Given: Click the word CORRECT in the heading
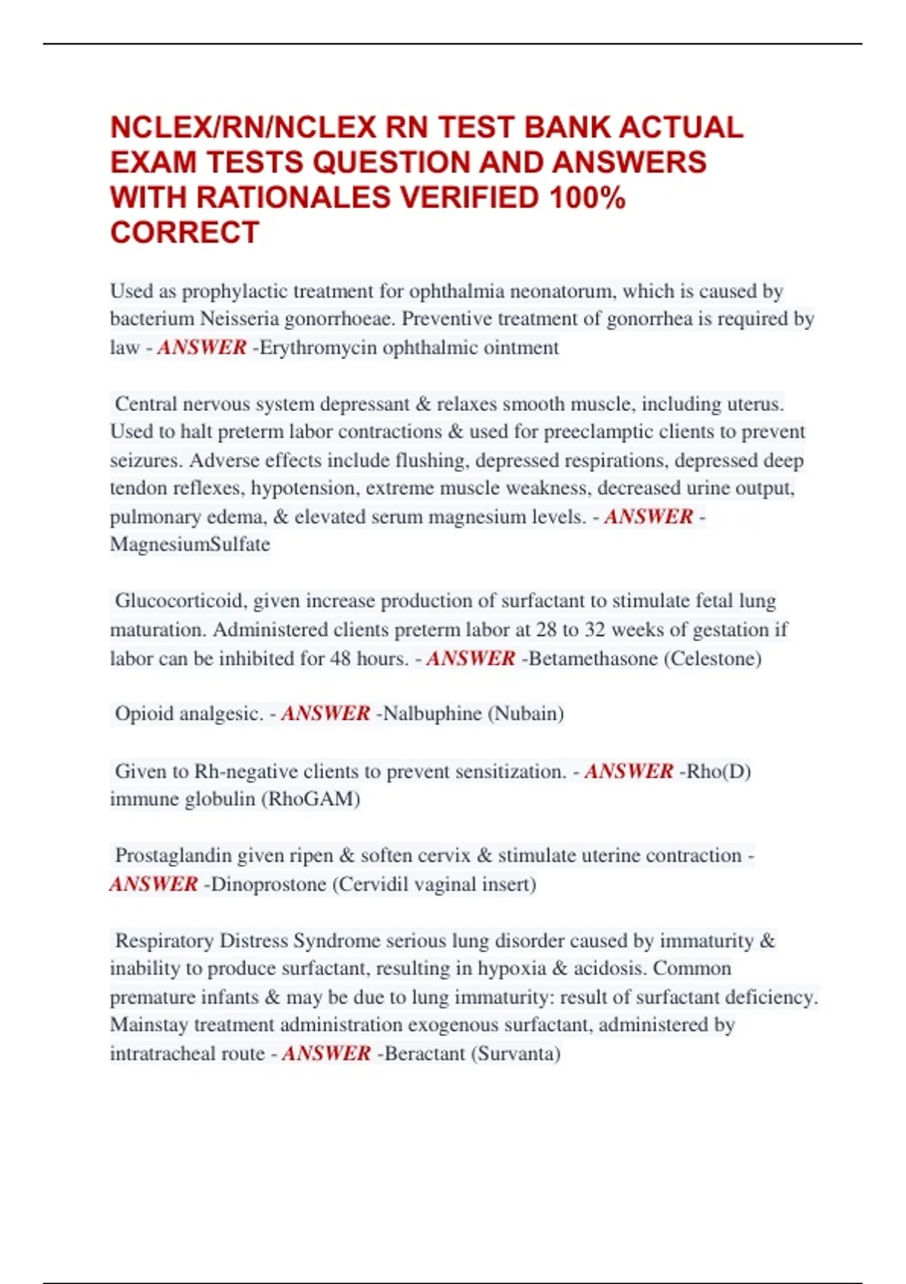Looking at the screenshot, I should point(185,233).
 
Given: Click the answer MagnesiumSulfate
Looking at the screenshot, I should point(190,545).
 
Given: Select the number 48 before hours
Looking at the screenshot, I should point(341,659).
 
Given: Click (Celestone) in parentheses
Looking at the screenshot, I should point(713,659).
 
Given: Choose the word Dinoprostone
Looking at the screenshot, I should point(269,884).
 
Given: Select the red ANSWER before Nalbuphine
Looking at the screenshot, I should point(325,714).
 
